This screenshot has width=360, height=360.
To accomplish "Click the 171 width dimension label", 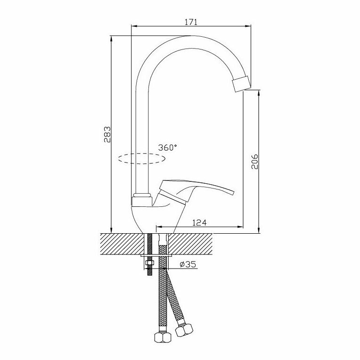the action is [x=191, y=22].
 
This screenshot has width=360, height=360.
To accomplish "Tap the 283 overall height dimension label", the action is [x=107, y=134].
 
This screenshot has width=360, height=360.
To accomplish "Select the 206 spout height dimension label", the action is [x=254, y=162].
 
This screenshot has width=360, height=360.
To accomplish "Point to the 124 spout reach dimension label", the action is [x=199, y=222].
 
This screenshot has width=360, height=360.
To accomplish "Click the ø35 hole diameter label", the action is [x=188, y=265].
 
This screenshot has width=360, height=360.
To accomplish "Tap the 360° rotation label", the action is [x=168, y=147].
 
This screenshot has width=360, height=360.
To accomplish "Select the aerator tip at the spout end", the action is [x=242, y=84].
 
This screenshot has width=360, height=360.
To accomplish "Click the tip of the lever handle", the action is [x=233, y=192].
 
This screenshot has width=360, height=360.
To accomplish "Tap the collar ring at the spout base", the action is [x=143, y=196].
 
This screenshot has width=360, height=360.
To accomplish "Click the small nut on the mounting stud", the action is [x=149, y=263].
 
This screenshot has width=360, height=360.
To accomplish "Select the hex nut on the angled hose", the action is [x=184, y=329].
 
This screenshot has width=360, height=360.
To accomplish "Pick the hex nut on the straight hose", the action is [x=163, y=337].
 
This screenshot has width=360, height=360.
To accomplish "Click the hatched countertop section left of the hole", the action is [x=122, y=244].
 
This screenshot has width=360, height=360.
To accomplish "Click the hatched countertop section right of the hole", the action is [x=190, y=244].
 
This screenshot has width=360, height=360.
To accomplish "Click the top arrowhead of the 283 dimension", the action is [x=111, y=39].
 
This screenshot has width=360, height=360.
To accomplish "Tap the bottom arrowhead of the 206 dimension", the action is [x=259, y=230].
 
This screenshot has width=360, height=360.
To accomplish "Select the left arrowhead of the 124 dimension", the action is [x=159, y=227].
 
